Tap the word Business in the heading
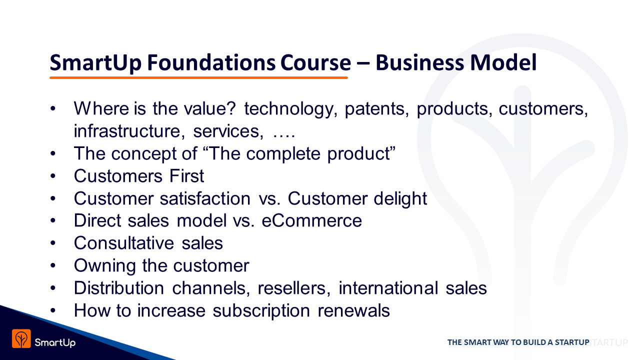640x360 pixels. point(419,62)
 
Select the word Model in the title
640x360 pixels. point(503,62)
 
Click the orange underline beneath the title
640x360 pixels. point(198,77)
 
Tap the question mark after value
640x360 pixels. point(232,108)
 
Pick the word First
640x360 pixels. point(186,176)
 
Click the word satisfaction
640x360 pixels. point(205,198)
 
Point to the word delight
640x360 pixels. point(400,199)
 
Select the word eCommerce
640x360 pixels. point(311,220)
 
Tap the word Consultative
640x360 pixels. point(124,243)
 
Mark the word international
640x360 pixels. point(388,288)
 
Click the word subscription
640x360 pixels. point(261,311)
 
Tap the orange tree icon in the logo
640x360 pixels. point(21,338)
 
